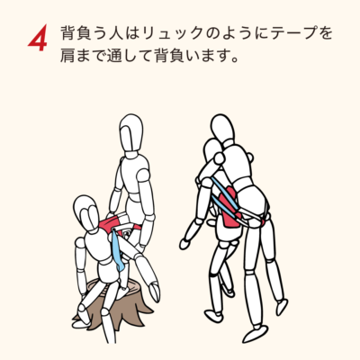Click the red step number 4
point(38,39)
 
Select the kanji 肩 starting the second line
point(67,56)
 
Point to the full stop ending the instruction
point(235,59)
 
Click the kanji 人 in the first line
point(114,33)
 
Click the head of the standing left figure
point(131,132)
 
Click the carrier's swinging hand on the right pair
point(184,243)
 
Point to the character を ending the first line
point(325,33)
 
